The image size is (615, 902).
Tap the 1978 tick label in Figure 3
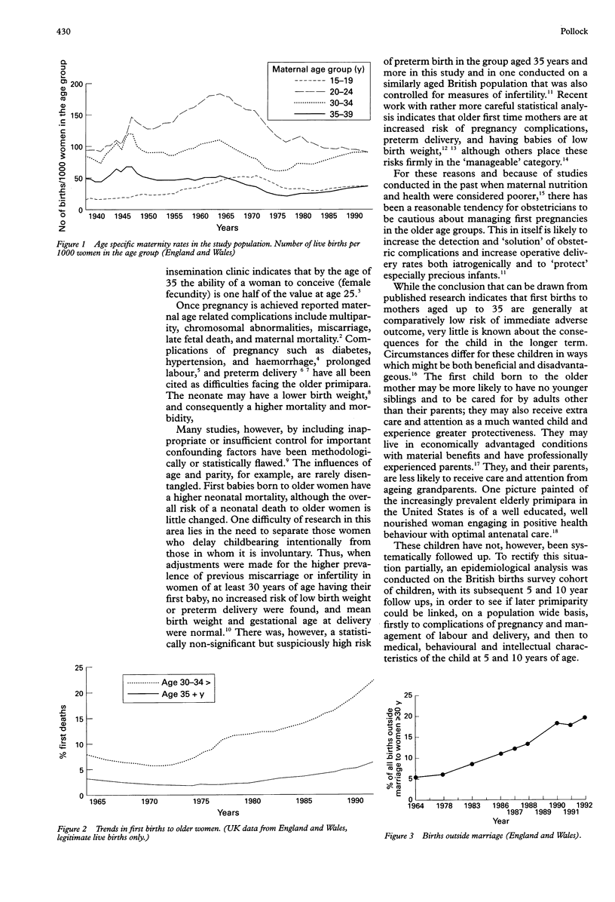point(443,806)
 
